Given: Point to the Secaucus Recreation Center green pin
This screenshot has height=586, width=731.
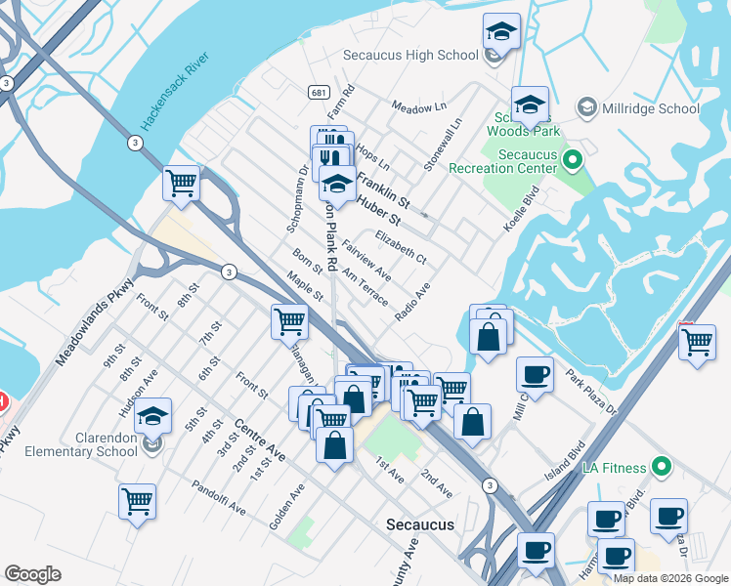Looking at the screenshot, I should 575,156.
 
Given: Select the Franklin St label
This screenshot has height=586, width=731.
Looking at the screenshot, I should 382,188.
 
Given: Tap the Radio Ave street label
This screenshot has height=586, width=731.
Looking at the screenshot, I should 412,304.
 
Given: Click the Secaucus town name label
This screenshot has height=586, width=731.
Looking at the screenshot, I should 420,524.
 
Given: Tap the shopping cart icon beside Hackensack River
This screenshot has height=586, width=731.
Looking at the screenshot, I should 182,183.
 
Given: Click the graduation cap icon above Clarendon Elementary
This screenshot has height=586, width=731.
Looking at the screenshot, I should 153,415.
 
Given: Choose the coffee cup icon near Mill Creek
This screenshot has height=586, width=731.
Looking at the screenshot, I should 536,374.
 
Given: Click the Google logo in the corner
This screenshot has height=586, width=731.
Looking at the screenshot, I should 33,574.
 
